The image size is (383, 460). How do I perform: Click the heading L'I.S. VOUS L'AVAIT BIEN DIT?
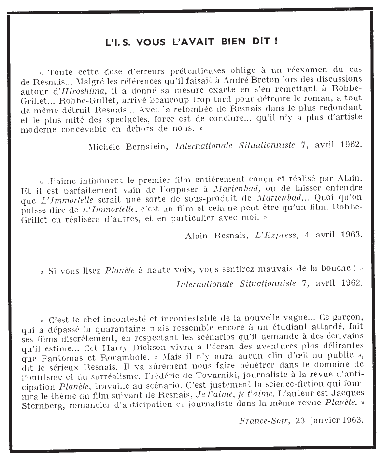point(191,42)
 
